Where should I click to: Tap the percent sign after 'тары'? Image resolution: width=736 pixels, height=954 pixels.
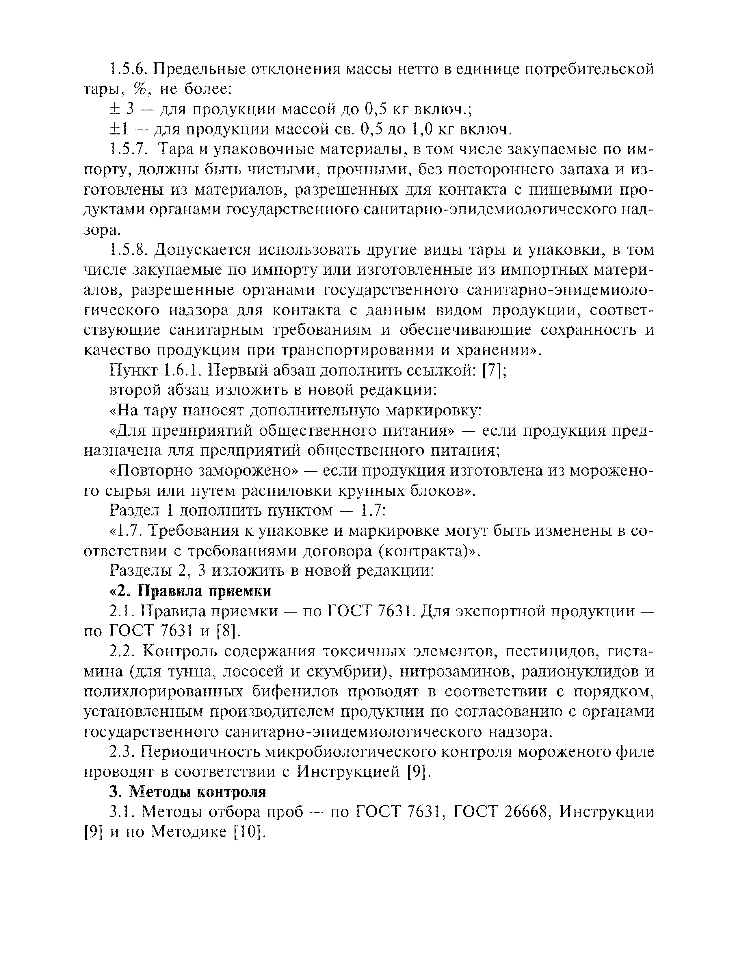pos(141,89)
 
